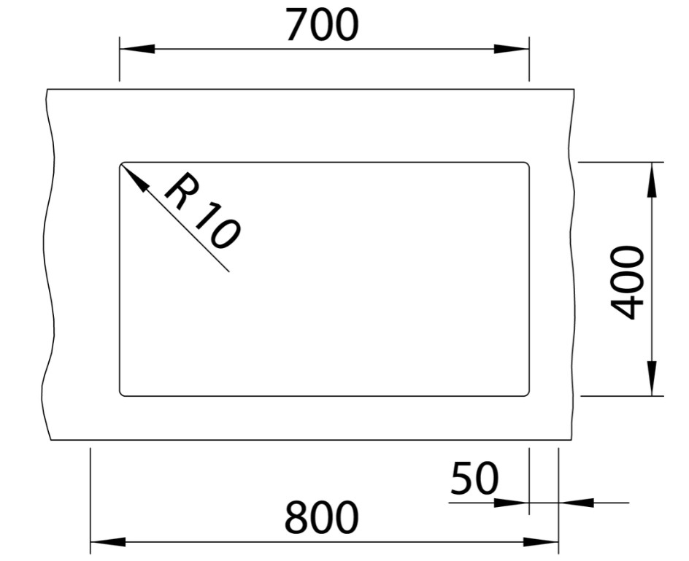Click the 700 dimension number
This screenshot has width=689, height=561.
322,25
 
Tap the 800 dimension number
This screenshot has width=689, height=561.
322,517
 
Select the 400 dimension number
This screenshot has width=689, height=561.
628,282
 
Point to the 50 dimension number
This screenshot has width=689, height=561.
474,478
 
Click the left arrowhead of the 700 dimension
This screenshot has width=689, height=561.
137,49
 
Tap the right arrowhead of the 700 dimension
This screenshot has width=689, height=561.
512,49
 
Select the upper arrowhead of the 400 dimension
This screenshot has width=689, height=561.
652,179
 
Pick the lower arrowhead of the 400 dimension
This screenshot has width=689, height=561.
652,378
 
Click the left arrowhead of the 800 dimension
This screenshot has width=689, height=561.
108,542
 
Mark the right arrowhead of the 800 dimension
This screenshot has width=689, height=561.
541,542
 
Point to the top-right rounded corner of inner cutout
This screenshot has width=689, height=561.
527,165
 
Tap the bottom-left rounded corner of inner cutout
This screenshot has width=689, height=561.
122,394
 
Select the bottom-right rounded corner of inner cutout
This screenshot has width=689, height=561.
527,394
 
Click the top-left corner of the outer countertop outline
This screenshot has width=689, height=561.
47,89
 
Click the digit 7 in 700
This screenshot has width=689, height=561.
297,26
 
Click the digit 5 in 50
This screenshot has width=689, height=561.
462,478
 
